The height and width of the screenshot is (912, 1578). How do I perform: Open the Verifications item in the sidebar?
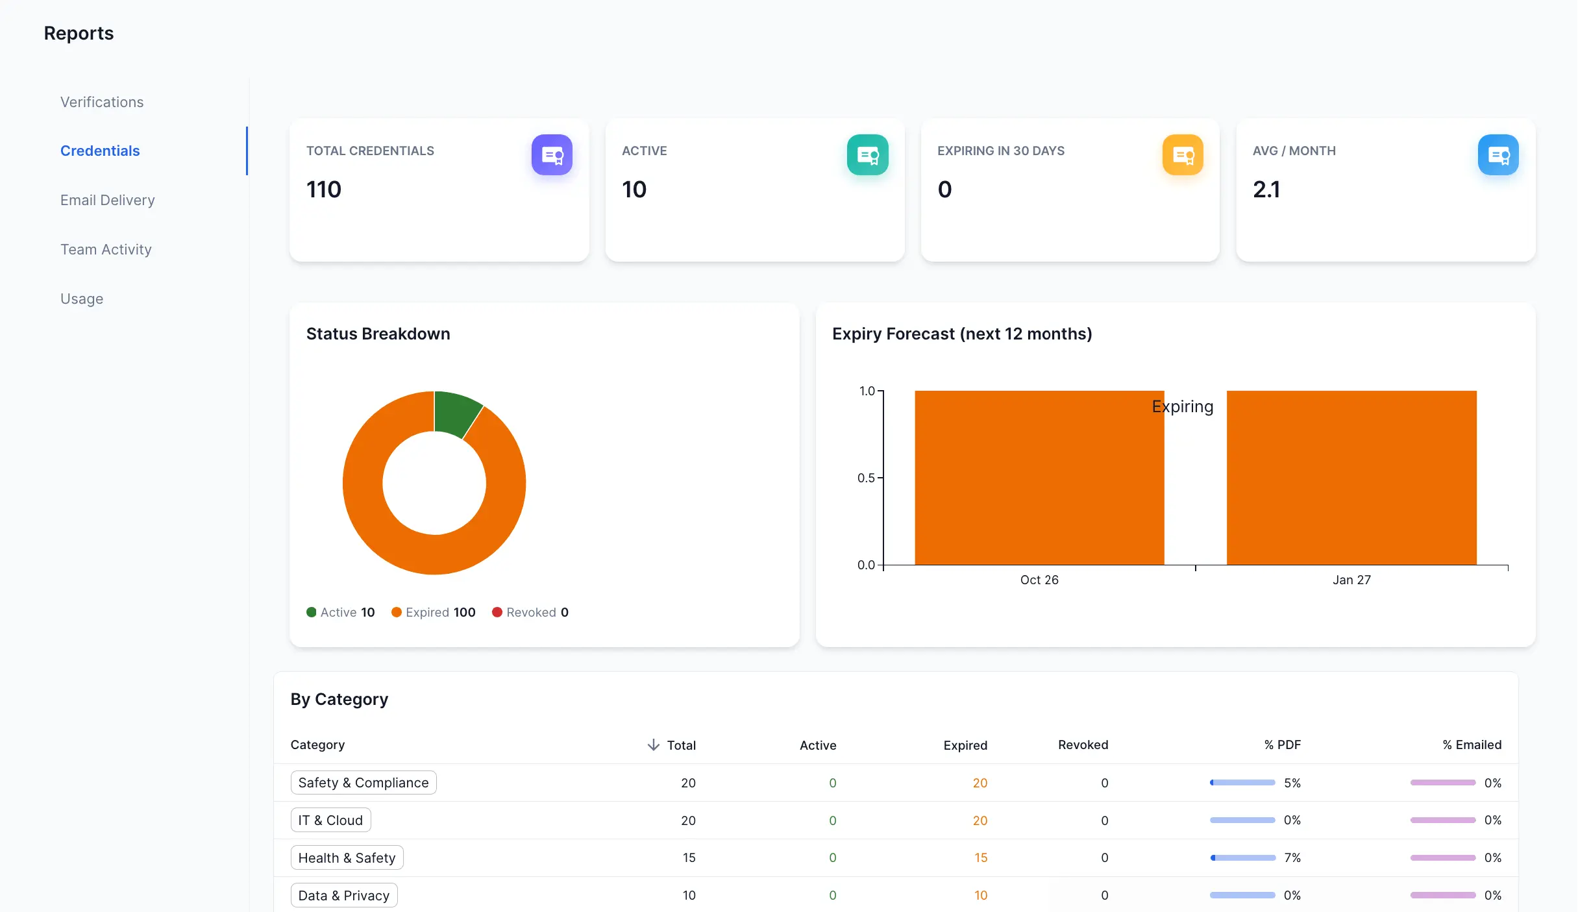(102, 102)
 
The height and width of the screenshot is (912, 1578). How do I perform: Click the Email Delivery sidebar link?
(107, 200)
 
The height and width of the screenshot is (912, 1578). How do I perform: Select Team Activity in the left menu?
(106, 249)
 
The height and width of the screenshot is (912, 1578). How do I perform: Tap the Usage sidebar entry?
(82, 299)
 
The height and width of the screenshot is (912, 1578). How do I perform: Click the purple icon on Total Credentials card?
(552, 155)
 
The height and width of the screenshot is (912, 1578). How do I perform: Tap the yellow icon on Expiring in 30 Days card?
(1183, 155)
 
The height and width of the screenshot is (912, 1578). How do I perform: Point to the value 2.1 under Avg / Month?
(1266, 190)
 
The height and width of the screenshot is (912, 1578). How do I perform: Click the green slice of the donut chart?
(455, 413)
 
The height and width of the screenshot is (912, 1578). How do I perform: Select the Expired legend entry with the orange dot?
(434, 612)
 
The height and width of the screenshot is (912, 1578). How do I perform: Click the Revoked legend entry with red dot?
(530, 612)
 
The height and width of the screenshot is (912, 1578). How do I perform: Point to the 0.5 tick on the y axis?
(866, 478)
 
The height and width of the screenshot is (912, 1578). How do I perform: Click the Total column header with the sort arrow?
(672, 745)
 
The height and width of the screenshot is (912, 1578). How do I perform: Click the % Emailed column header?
(1472, 745)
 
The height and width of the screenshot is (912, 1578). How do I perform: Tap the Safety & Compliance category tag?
(364, 783)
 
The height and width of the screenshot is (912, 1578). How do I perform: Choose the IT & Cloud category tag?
(330, 820)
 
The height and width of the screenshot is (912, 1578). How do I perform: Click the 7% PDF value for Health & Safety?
(1292, 858)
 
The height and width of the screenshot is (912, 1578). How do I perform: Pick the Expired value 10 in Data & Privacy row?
(980, 896)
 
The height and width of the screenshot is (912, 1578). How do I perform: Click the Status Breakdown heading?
(378, 334)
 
